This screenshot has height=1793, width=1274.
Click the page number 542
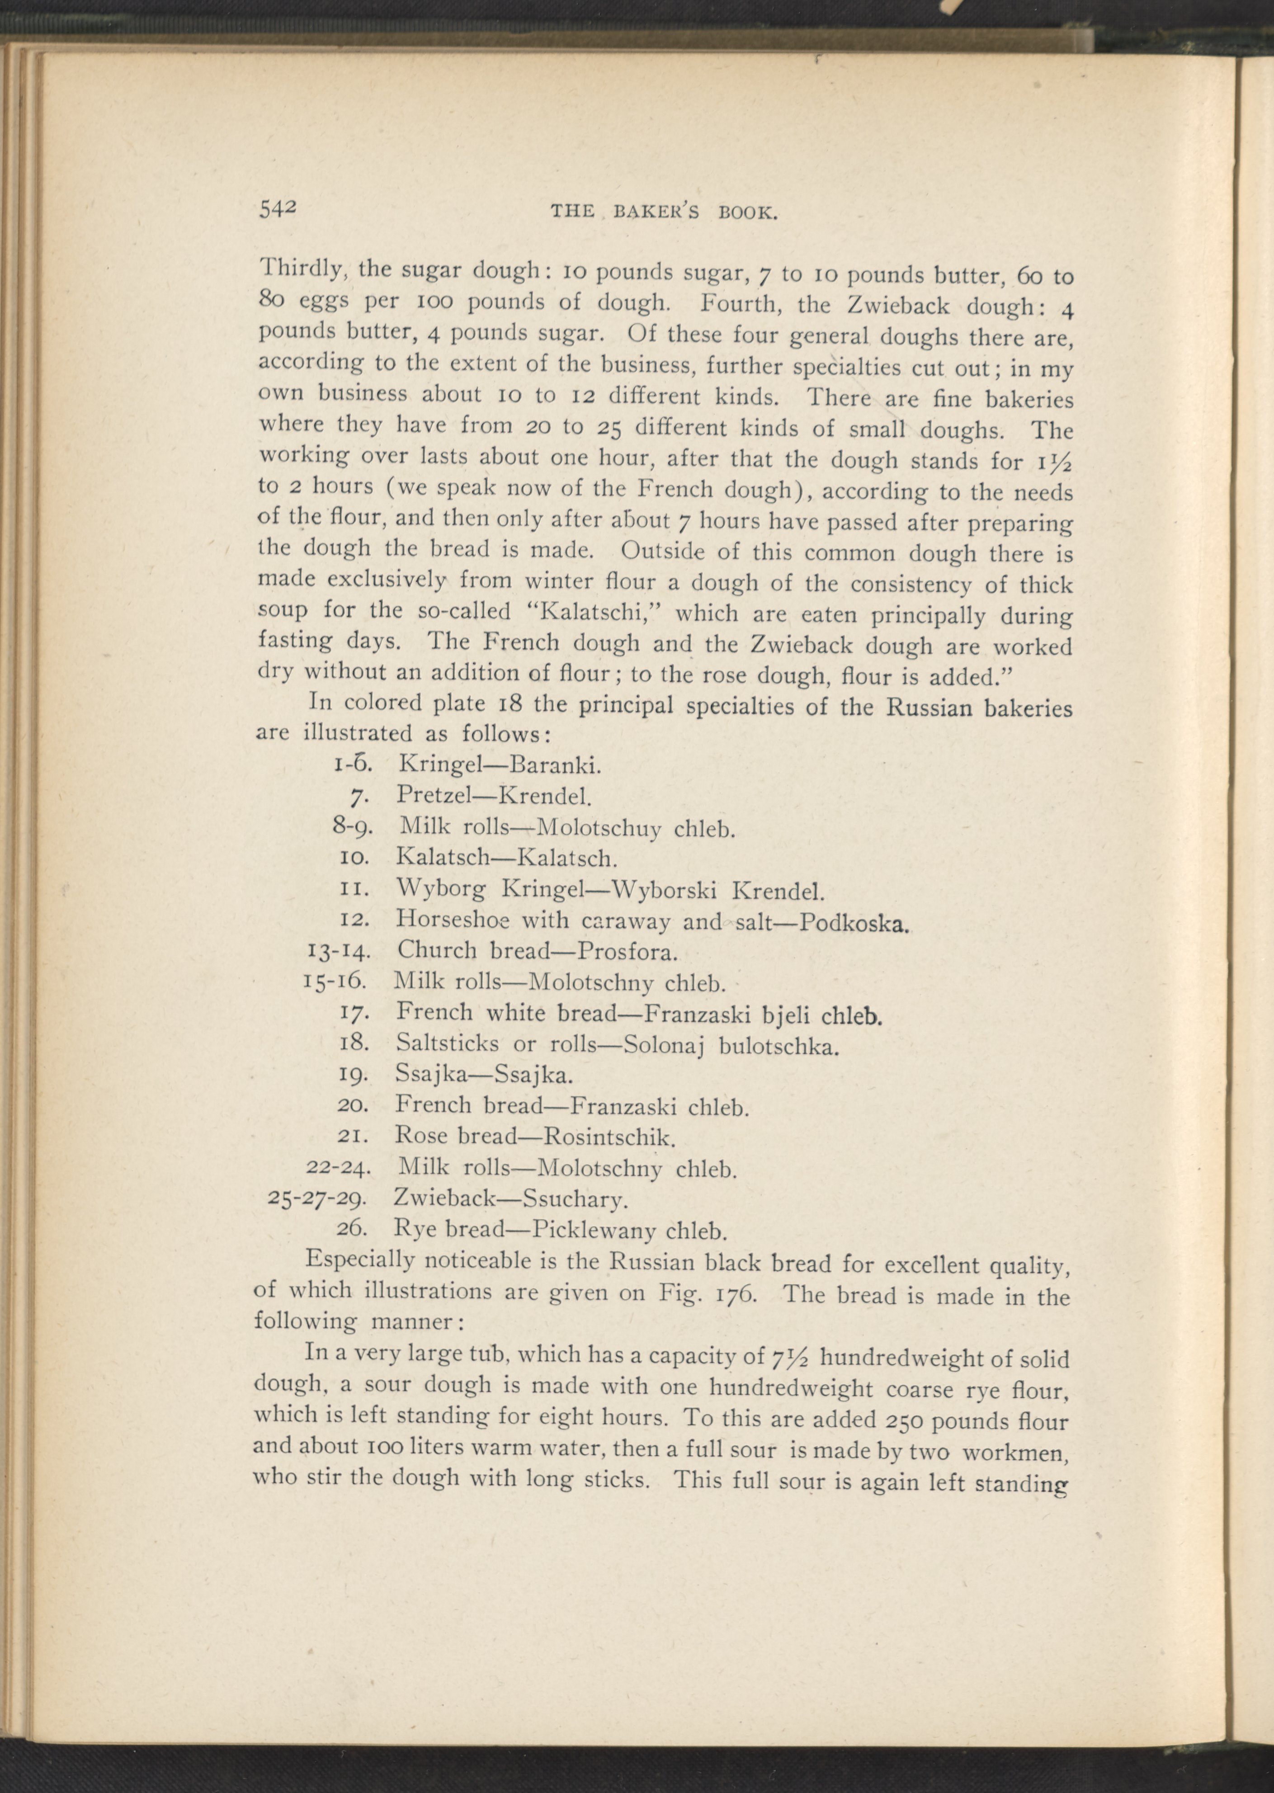pos(277,208)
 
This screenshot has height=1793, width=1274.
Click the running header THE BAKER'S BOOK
pos(664,211)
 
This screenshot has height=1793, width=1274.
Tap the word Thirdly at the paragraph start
pos(302,271)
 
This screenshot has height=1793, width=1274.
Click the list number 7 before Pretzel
pos(357,797)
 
